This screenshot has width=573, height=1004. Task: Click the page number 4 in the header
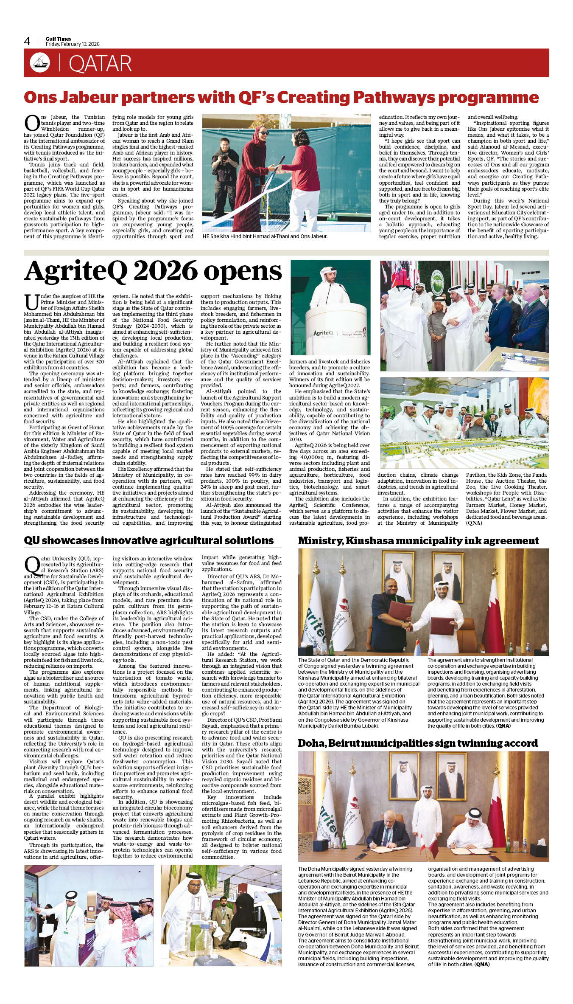pyautogui.click(x=27, y=41)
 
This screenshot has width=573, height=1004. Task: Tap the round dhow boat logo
pyautogui.click(x=40, y=62)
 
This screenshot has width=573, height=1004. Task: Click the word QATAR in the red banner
pyautogui.click(x=100, y=64)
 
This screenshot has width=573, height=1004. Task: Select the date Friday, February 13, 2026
pyautogui.click(x=73, y=44)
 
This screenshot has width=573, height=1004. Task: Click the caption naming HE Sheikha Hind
pyautogui.click(x=265, y=236)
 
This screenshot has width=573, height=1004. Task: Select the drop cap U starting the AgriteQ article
pyautogui.click(x=32, y=302)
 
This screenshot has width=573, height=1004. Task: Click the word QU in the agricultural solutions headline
pyautogui.click(x=32, y=540)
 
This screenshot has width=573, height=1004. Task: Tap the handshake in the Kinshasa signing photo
pyautogui.click(x=408, y=625)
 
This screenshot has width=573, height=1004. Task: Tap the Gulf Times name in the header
pyautogui.click(x=59, y=39)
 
